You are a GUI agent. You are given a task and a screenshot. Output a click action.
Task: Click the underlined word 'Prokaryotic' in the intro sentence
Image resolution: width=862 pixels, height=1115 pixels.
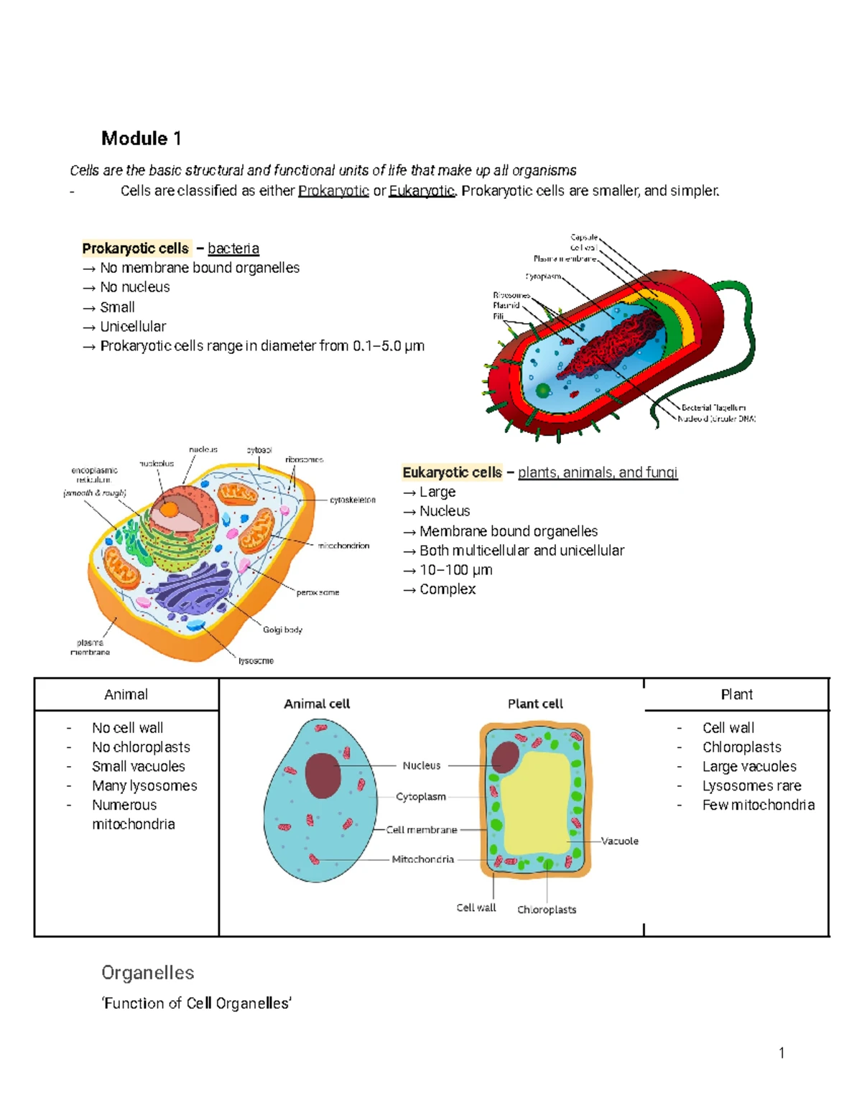click(333, 191)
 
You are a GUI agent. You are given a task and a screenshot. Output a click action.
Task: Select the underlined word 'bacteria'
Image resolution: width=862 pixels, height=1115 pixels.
click(233, 248)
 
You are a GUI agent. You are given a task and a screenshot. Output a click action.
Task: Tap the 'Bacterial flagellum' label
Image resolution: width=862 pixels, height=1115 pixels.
click(713, 408)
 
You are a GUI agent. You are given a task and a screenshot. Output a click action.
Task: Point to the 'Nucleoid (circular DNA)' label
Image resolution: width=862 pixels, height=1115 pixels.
click(716, 419)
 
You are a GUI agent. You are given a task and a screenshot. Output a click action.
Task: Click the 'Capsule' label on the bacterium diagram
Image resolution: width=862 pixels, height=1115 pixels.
click(584, 237)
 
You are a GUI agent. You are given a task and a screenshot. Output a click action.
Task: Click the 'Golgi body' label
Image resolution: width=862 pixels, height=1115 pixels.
click(282, 630)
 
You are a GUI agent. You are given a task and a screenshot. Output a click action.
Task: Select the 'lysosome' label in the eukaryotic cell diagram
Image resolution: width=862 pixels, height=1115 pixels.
click(256, 661)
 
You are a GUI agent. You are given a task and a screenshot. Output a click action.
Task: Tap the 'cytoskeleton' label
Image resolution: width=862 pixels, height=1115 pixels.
click(353, 500)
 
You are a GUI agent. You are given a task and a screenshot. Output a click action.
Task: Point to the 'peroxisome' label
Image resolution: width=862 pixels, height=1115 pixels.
click(318, 592)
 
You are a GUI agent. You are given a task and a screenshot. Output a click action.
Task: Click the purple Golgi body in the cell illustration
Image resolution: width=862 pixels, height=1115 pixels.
click(193, 589)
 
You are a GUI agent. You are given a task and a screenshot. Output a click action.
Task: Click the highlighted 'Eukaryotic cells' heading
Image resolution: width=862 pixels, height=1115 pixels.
click(452, 472)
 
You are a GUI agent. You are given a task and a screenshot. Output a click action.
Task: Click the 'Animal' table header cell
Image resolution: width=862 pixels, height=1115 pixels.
click(126, 694)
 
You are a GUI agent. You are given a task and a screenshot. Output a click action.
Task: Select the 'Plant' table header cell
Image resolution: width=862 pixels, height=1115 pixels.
click(736, 694)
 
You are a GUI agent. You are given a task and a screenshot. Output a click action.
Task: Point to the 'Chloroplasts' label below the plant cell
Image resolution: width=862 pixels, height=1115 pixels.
click(547, 910)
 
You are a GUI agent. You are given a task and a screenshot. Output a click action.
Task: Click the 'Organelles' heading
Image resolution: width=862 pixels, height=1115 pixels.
click(148, 973)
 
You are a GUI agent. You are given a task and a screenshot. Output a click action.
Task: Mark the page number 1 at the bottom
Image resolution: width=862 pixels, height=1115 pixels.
click(782, 1053)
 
